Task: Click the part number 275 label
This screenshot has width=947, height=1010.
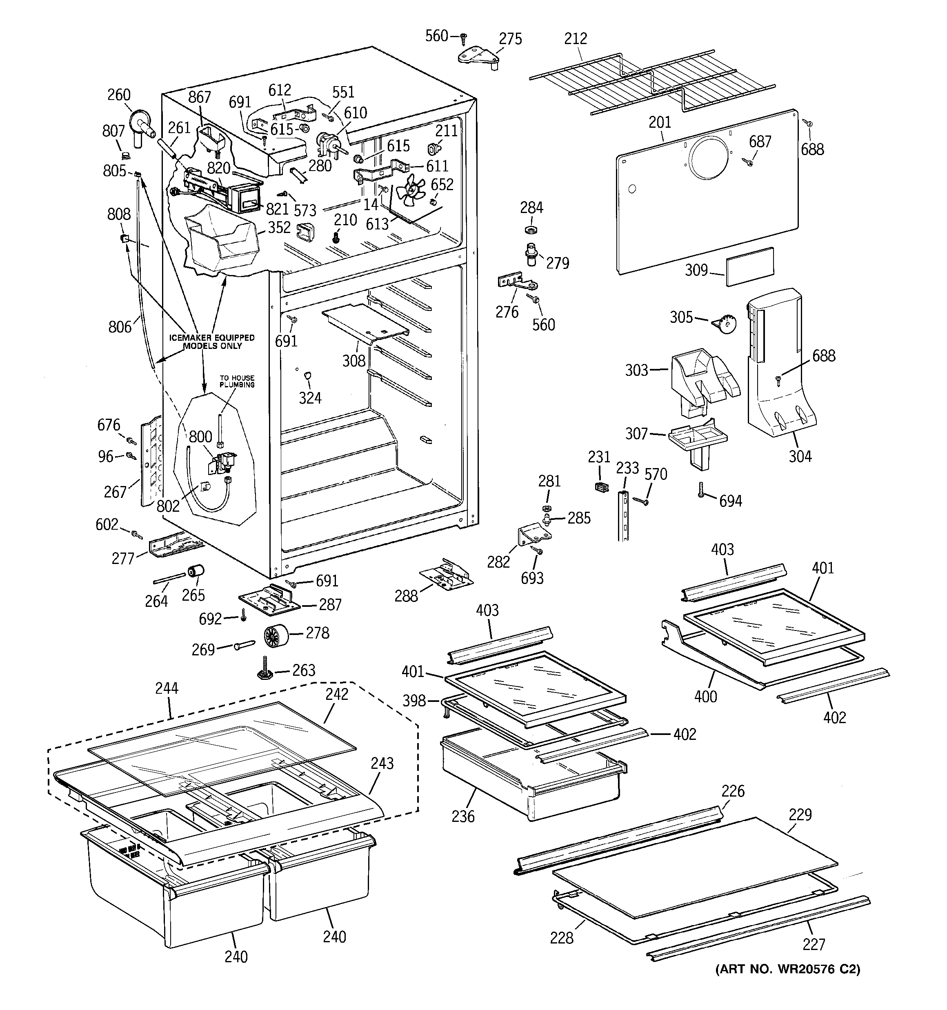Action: tap(510, 39)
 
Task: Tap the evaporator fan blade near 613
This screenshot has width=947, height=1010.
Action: tap(411, 191)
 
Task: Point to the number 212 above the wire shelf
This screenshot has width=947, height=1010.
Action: tap(576, 39)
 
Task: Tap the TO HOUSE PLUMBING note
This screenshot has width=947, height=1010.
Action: tap(237, 381)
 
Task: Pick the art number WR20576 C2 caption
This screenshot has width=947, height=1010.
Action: tap(787, 969)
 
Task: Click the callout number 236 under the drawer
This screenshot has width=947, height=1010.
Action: tap(462, 817)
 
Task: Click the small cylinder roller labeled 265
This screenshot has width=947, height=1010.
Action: tap(195, 572)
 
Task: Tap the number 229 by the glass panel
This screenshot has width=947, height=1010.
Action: tap(800, 815)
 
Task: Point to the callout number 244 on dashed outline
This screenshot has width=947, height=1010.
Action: tap(167, 688)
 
